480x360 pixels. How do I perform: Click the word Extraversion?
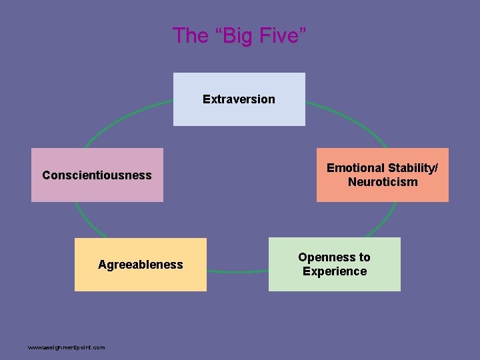[x=239, y=99]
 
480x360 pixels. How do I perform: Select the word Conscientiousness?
[x=97, y=175]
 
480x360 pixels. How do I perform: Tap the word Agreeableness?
[x=140, y=265]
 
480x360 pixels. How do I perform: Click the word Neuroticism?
[x=383, y=182]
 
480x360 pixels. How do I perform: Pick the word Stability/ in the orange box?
[x=413, y=168]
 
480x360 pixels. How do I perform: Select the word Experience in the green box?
[x=335, y=271]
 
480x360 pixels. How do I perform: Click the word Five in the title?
[x=279, y=35]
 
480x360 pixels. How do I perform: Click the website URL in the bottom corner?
[x=66, y=347]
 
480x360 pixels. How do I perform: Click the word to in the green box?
[x=363, y=257]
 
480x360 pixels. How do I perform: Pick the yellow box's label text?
[x=140, y=265]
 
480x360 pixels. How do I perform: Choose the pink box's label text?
[x=97, y=175]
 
